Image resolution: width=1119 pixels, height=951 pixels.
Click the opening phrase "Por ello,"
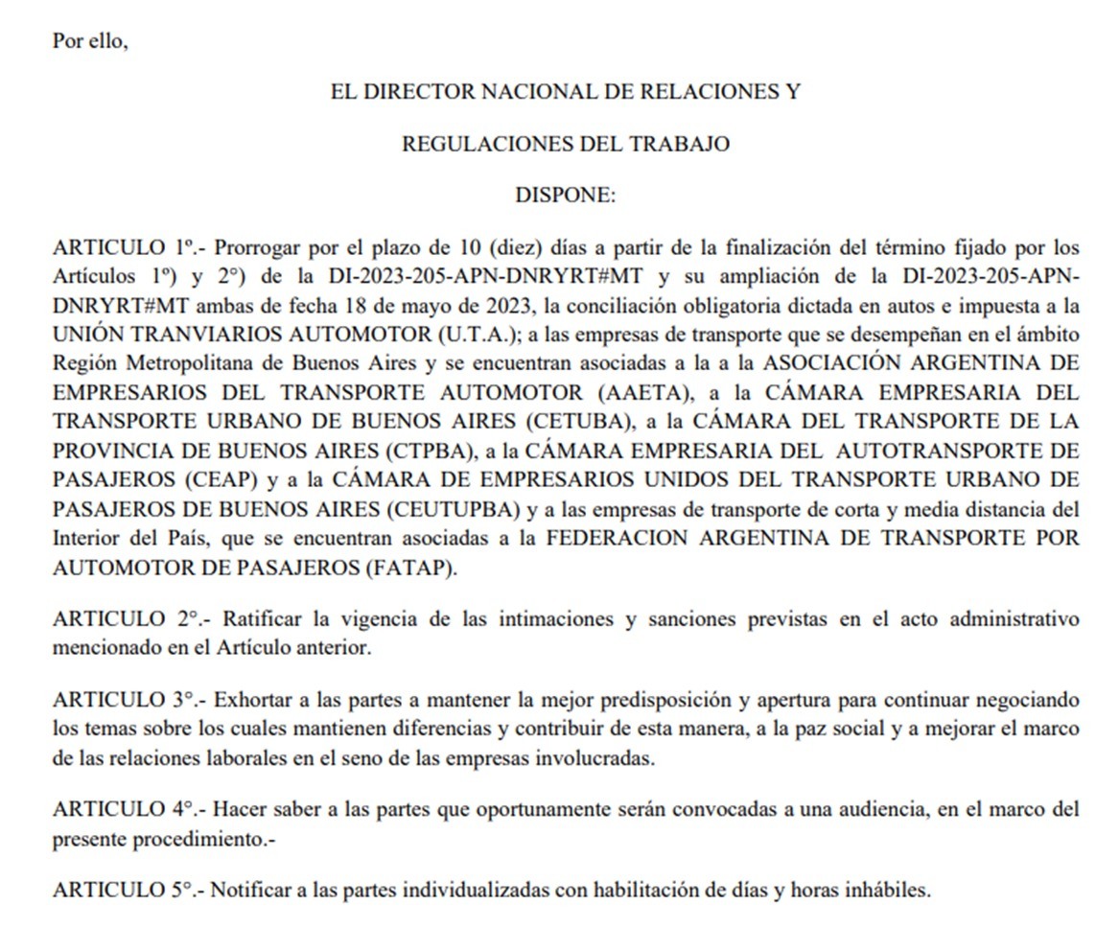(x=90, y=43)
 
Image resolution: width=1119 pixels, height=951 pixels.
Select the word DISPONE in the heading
(x=565, y=196)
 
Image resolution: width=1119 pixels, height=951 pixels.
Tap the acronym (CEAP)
(x=233, y=479)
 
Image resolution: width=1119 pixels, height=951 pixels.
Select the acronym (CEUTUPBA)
(x=450, y=508)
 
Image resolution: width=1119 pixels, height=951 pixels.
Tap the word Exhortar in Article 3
(x=250, y=700)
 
